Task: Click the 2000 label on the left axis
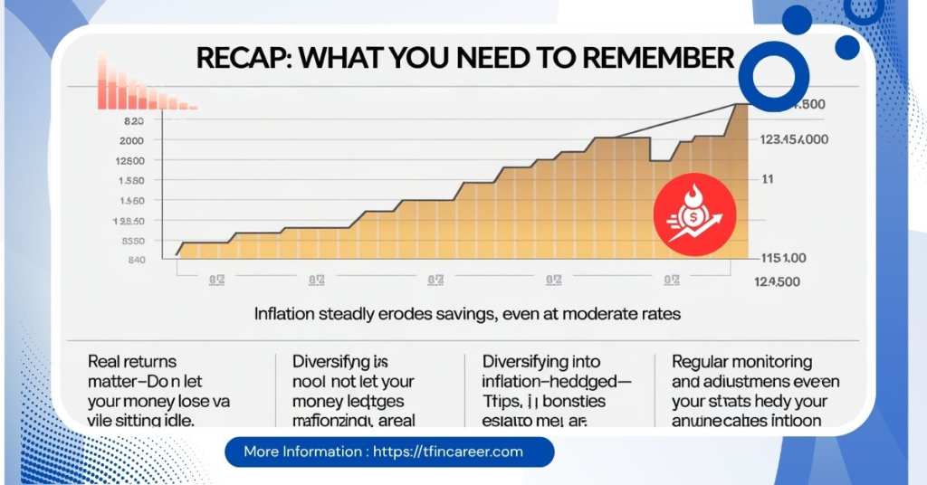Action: tap(131, 140)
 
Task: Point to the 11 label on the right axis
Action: tap(767, 179)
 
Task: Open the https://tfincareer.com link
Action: tap(448, 452)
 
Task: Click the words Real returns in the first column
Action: tap(132, 362)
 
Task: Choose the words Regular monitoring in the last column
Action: tap(741, 362)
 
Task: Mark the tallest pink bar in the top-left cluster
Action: tap(102, 81)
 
